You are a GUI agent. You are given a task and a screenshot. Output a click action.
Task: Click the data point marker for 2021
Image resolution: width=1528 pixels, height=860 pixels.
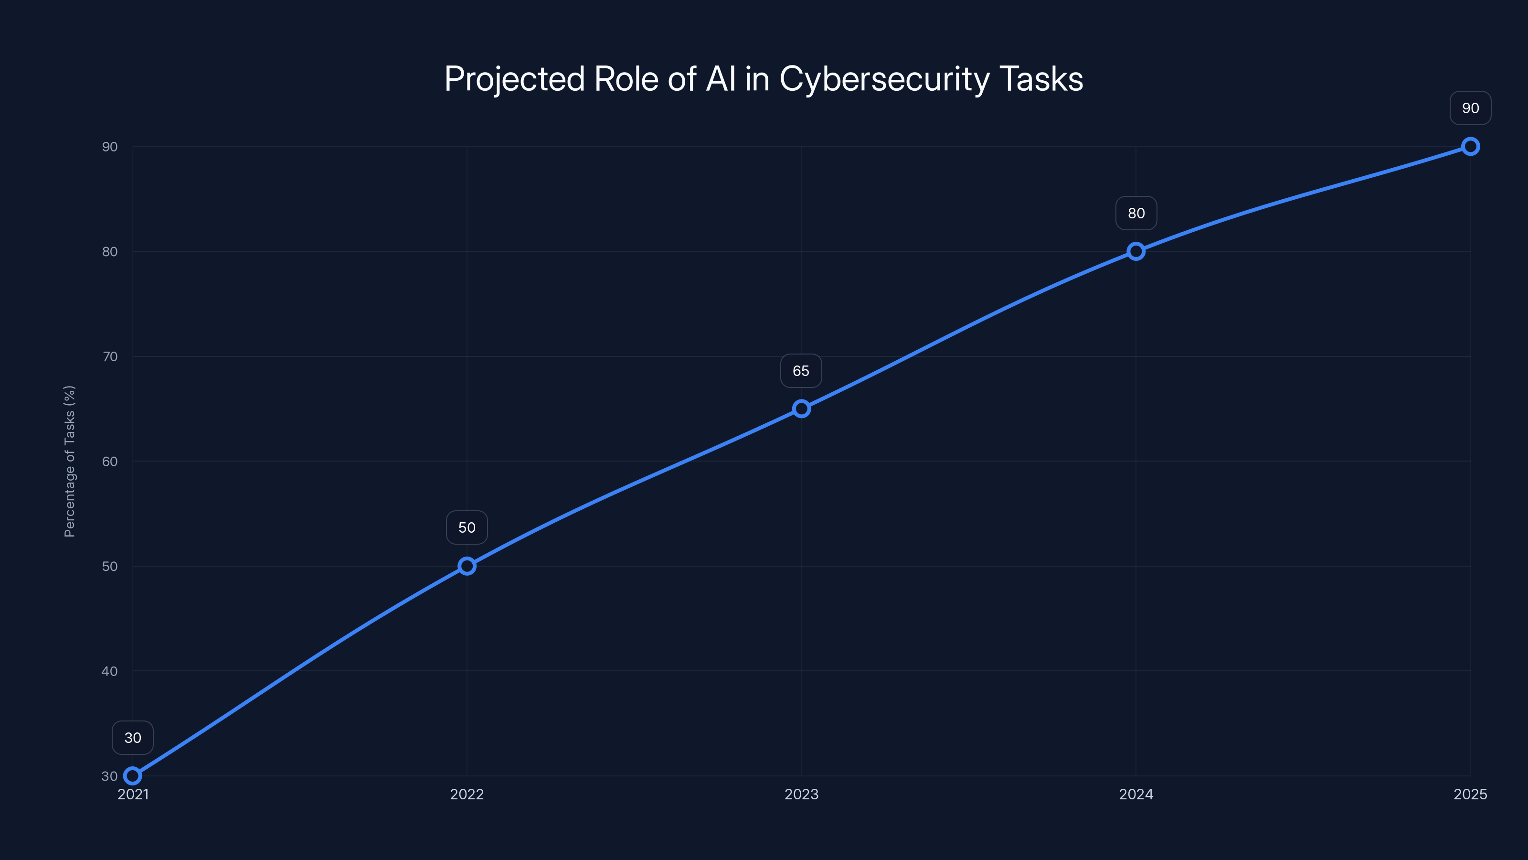tap(132, 776)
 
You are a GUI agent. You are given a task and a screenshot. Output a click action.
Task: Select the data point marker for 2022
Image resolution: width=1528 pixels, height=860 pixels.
tap(467, 566)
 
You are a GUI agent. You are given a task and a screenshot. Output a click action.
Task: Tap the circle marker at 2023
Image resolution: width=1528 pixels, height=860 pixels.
tap(801, 408)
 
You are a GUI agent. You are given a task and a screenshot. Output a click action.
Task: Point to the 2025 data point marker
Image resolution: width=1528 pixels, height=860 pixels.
tap(1471, 147)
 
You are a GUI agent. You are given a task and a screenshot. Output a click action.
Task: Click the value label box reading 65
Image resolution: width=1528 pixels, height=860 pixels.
tap(801, 371)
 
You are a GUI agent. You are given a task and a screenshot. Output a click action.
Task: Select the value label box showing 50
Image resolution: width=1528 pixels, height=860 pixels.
tap(467, 527)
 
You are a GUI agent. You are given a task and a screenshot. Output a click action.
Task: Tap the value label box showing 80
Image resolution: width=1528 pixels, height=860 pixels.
tap(1136, 213)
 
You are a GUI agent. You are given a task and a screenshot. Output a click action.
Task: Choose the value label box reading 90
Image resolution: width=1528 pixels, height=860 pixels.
tap(1471, 108)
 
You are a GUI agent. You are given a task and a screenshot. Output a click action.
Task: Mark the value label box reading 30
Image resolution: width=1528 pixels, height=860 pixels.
tap(132, 738)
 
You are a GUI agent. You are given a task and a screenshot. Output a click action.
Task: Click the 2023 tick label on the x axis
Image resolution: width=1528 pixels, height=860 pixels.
tap(801, 794)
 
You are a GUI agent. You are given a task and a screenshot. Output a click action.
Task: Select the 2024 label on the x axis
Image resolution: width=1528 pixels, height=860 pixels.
tap(1136, 794)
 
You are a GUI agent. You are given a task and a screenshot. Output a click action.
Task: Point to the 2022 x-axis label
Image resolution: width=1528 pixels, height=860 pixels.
tap(467, 794)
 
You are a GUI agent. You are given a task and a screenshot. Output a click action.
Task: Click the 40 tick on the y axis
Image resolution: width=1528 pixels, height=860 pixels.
tap(110, 671)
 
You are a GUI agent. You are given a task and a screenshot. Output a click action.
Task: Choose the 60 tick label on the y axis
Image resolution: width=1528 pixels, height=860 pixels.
tap(110, 461)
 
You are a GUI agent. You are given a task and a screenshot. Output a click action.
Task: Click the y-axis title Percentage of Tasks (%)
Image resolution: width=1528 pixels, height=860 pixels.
tap(69, 461)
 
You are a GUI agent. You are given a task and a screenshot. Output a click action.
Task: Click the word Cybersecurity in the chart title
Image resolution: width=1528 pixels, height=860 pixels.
tap(884, 79)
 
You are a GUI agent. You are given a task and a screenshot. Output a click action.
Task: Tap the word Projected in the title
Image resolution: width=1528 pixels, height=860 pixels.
tap(514, 79)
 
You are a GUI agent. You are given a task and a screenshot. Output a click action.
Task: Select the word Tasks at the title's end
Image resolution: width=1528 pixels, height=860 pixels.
tap(1041, 79)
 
